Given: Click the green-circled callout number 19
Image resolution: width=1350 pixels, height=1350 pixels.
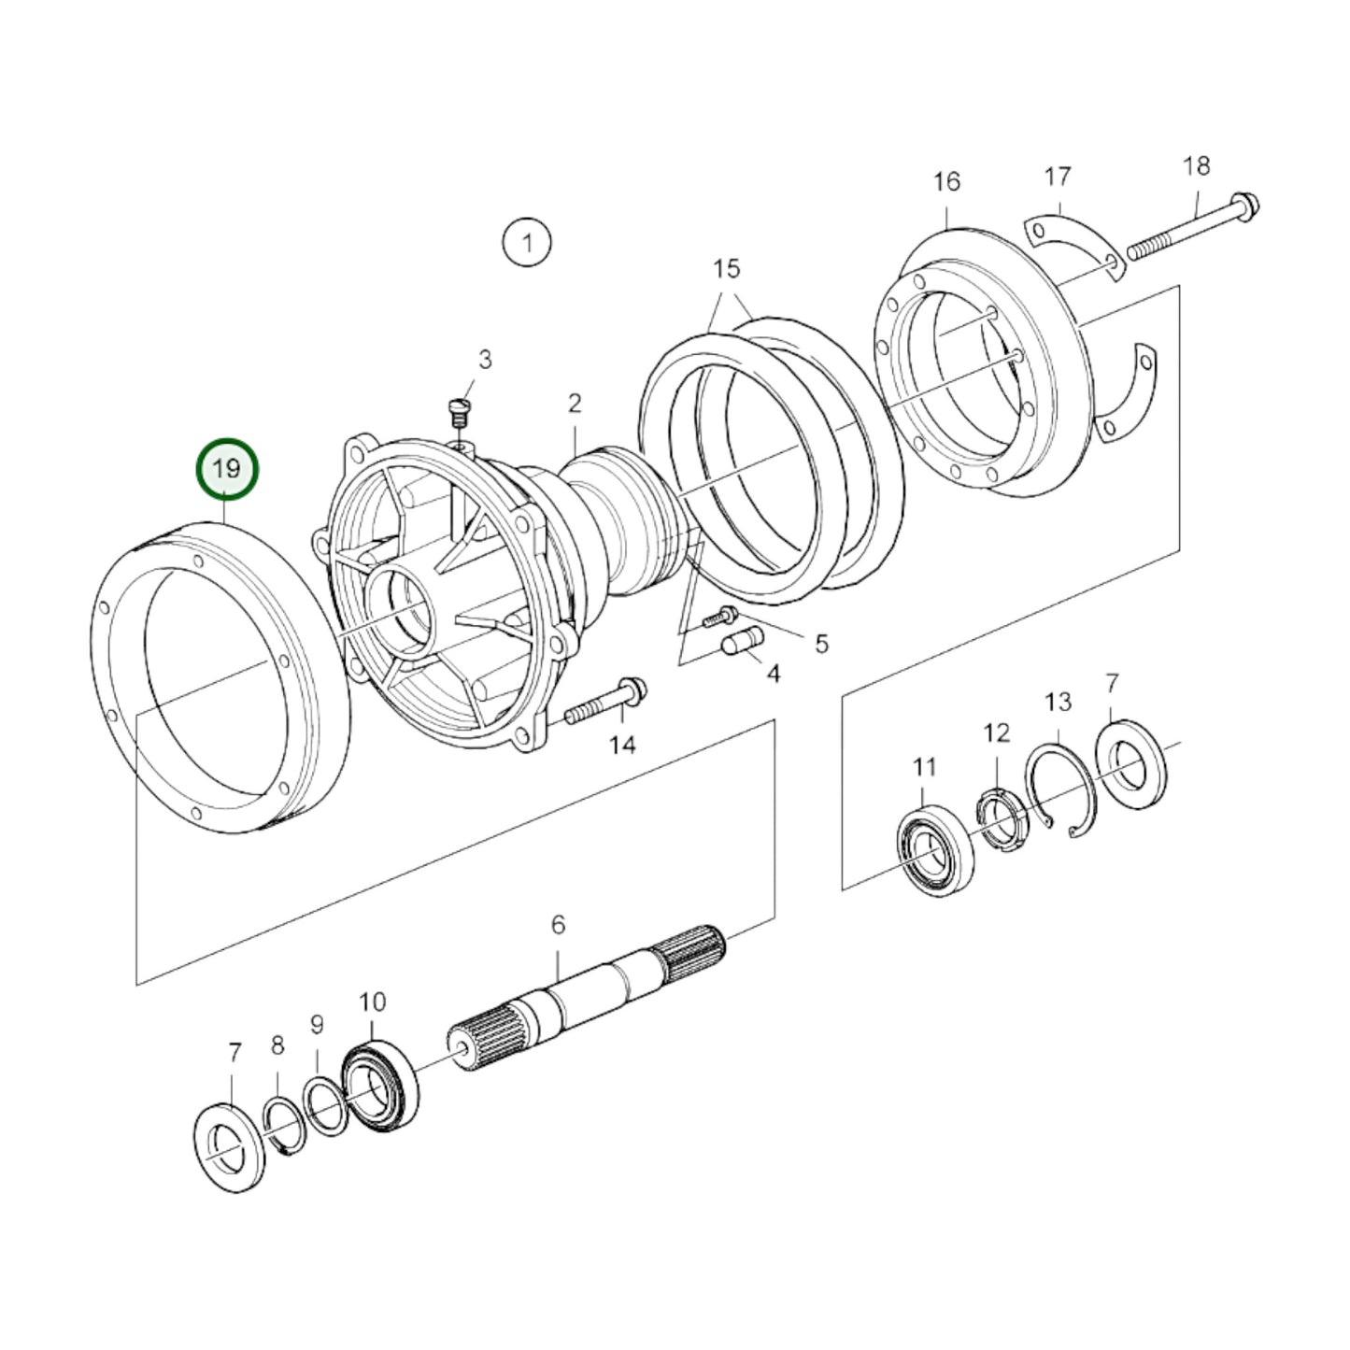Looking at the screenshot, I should (227, 469).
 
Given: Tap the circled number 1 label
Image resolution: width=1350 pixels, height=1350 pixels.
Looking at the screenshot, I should (527, 243).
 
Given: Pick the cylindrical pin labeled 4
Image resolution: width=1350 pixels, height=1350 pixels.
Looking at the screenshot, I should (744, 642).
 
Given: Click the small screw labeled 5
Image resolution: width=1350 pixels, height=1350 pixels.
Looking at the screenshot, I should (723, 615).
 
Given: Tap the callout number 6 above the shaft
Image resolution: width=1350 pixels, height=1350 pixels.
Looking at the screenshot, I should (558, 925).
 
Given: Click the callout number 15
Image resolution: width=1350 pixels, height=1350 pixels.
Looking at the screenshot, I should (726, 269).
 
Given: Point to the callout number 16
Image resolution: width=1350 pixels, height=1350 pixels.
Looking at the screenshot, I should (946, 181).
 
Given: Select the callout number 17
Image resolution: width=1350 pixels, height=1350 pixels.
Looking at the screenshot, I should (1057, 177).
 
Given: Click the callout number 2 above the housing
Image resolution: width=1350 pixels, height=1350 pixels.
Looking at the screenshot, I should (575, 404).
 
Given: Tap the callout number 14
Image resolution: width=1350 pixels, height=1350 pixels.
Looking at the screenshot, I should (622, 745).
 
